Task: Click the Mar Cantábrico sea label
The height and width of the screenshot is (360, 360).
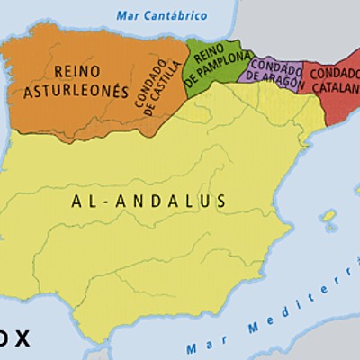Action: pos(161,15)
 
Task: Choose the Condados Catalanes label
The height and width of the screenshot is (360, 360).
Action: pos(333,80)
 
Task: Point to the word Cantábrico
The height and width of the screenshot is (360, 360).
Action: pos(175,15)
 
